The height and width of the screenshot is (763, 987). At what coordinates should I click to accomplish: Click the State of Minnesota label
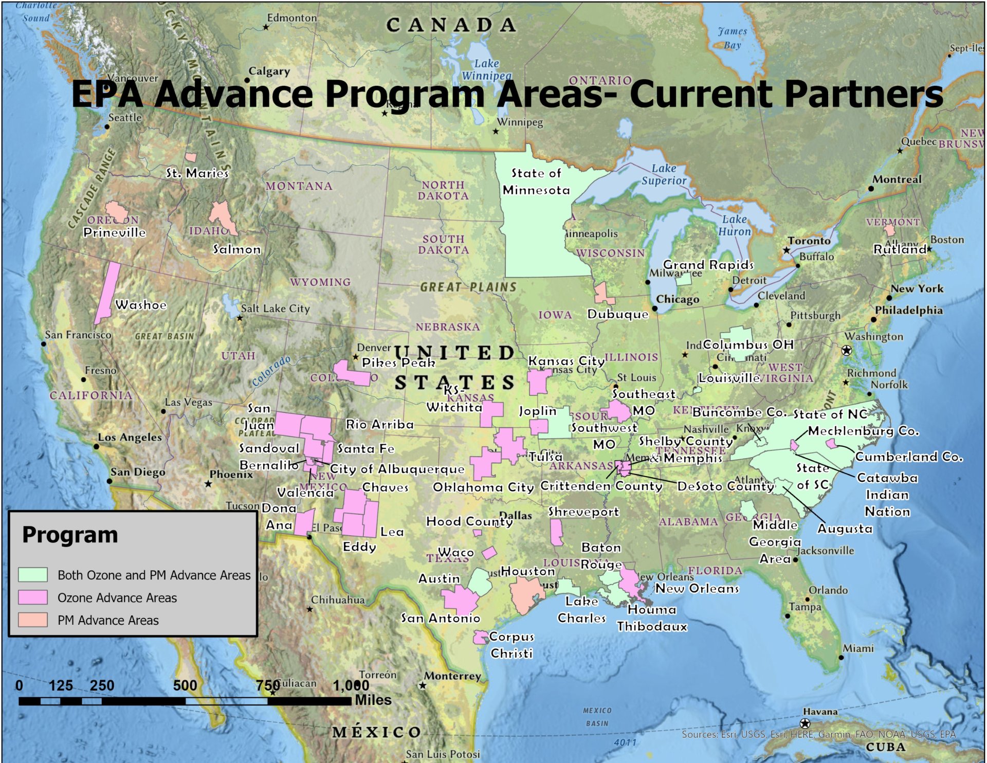click(536, 181)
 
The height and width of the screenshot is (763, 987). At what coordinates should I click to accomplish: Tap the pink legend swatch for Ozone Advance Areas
click(33, 597)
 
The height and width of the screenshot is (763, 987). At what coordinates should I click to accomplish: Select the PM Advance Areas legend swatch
click(33, 620)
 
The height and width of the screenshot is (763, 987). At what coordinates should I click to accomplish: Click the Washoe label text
click(141, 305)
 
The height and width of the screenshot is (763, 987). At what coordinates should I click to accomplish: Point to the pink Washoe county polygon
click(107, 293)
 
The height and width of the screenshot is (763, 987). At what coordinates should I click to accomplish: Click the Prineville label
click(115, 232)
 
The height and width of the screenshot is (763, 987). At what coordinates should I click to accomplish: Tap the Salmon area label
click(237, 249)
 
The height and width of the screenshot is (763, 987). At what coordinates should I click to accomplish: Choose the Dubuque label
click(618, 314)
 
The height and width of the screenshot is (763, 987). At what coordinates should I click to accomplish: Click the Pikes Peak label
click(398, 363)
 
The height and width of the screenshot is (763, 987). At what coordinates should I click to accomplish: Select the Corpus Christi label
click(511, 645)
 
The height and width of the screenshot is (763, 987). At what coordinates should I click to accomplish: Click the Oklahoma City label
click(483, 487)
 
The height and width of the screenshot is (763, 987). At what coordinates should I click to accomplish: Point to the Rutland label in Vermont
click(900, 249)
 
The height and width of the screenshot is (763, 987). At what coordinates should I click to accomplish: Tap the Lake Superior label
click(664, 174)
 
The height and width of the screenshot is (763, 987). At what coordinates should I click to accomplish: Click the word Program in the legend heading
click(70, 535)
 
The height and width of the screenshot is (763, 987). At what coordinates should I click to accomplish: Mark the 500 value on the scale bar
click(185, 685)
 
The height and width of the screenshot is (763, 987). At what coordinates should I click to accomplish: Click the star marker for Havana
click(805, 724)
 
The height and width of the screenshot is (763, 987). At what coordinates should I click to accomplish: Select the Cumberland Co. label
click(909, 457)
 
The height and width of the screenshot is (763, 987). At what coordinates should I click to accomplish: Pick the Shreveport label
click(583, 512)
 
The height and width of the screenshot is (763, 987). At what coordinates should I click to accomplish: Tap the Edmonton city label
click(291, 18)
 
